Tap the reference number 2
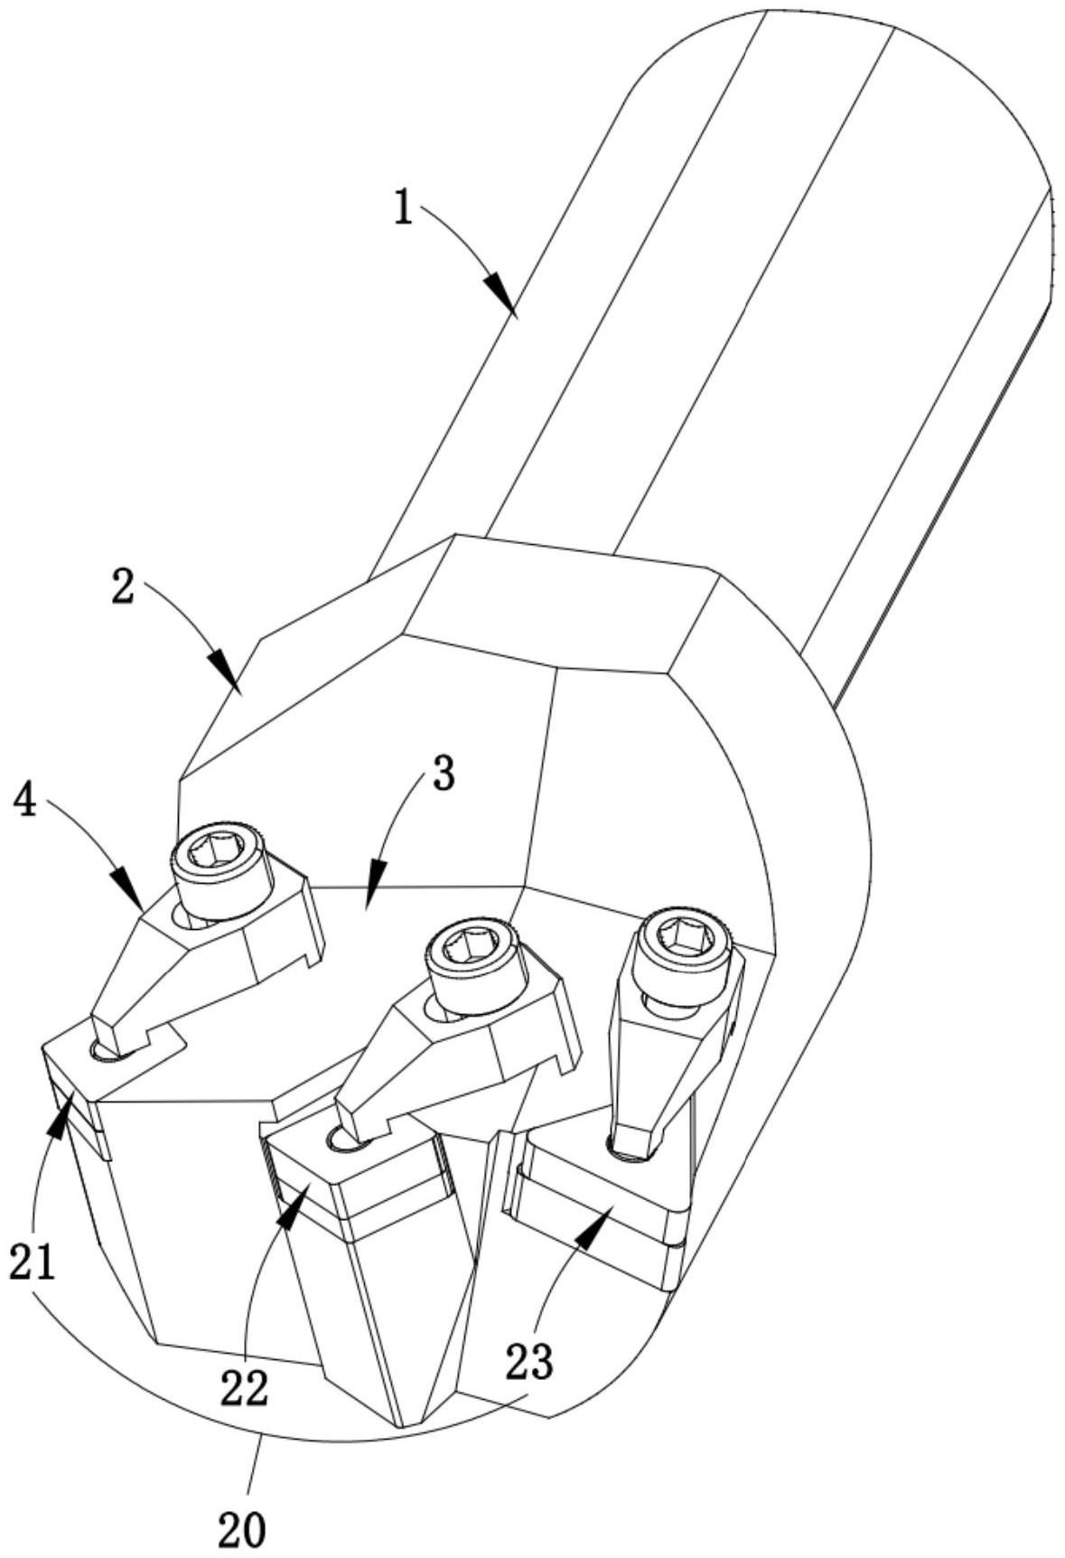[124, 587]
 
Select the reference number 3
[443, 774]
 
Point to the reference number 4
[26, 800]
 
